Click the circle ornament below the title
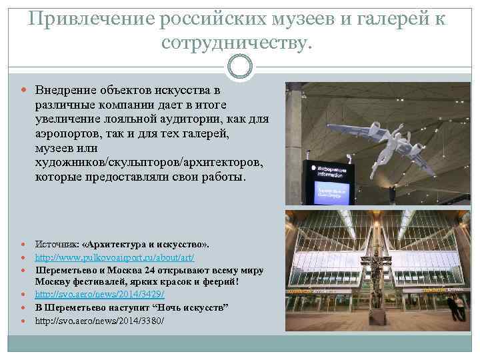(240, 66)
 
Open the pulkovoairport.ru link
(115, 257)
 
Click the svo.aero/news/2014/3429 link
(99, 294)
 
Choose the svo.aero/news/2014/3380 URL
(99, 321)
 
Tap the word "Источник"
(56, 244)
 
